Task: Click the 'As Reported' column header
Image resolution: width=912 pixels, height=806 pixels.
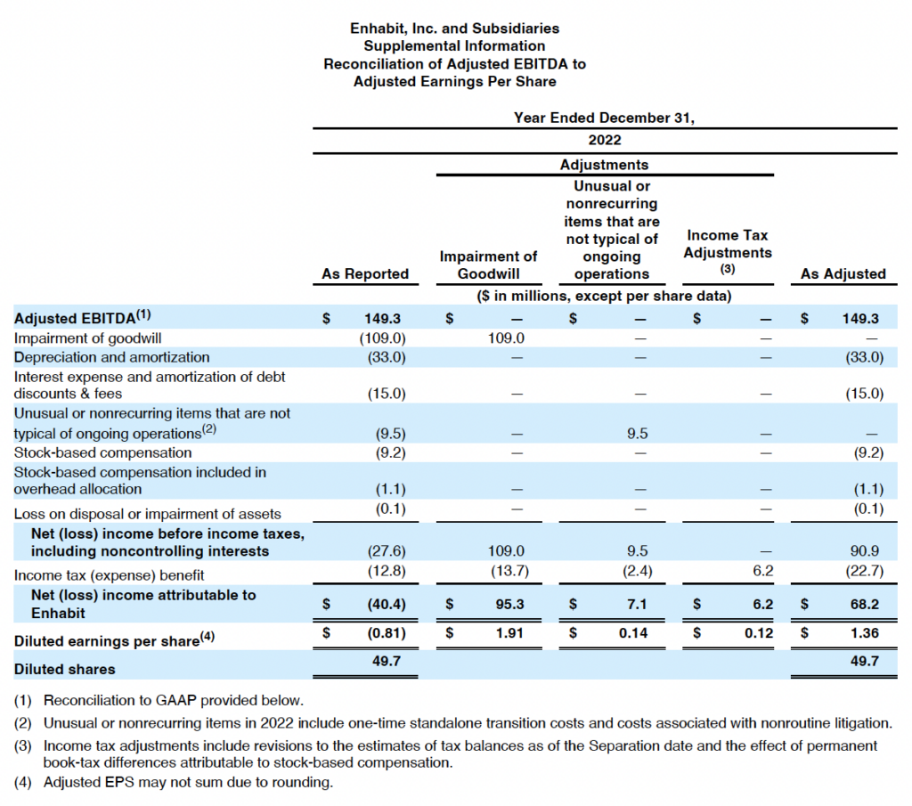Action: (x=365, y=274)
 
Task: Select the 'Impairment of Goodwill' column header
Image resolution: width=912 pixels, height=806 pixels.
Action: (x=488, y=265)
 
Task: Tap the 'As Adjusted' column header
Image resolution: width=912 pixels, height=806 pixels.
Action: (x=843, y=274)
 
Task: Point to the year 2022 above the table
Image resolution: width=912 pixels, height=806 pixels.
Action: (x=605, y=140)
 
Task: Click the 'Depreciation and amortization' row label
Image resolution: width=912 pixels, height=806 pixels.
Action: (x=112, y=357)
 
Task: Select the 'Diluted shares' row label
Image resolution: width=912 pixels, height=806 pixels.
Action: (x=65, y=668)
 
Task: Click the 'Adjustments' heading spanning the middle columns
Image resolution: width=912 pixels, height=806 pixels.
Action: (x=605, y=165)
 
